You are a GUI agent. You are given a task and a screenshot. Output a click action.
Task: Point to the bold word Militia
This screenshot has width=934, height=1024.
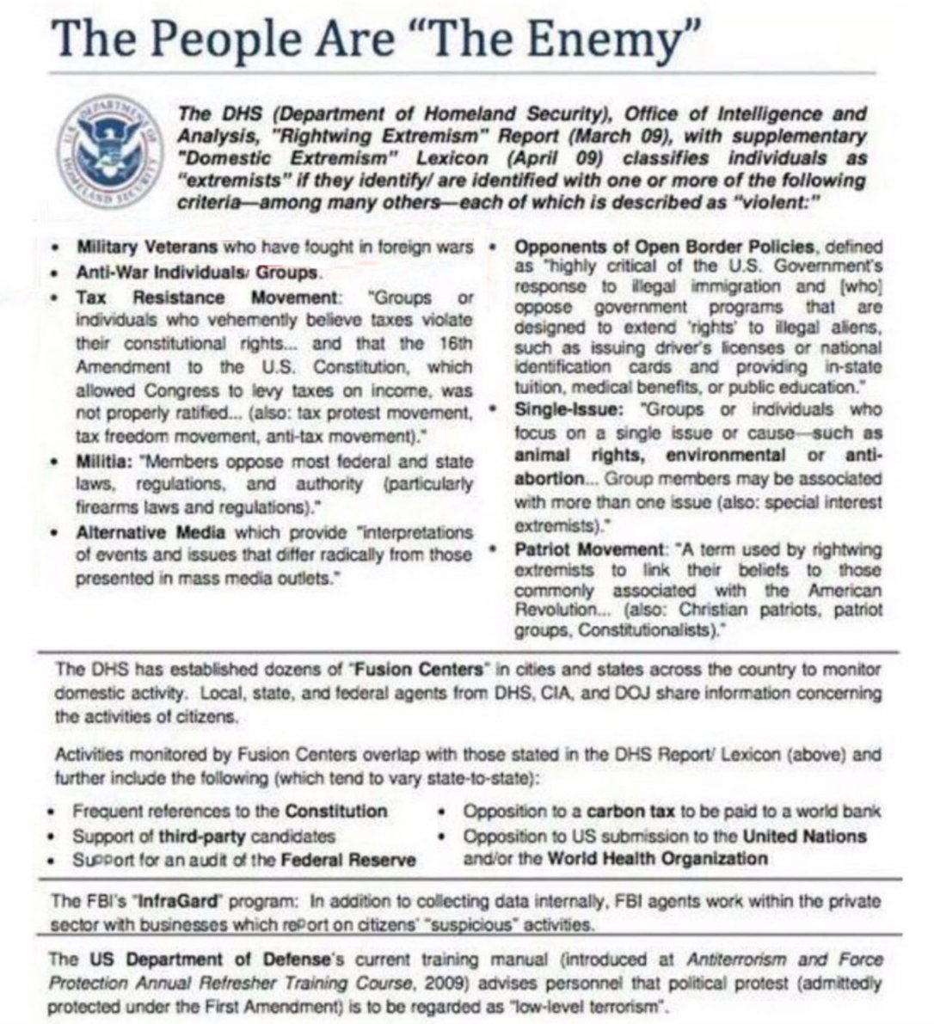click(103, 461)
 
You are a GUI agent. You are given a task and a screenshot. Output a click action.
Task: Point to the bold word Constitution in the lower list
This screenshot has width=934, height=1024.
click(335, 810)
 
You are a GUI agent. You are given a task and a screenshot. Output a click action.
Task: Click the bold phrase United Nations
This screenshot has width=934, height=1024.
click(805, 835)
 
